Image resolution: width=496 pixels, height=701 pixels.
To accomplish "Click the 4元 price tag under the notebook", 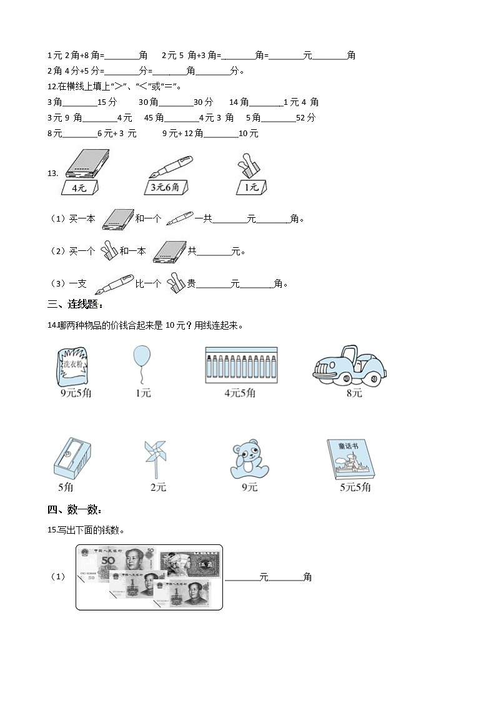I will [79, 187].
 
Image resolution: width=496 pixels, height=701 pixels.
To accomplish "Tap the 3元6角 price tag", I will [166, 187].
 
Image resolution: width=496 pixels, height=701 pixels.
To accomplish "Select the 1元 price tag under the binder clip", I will [251, 187].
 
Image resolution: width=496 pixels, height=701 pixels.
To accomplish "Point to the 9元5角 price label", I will [76, 393].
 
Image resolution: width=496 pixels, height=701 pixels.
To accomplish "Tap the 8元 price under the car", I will [354, 393].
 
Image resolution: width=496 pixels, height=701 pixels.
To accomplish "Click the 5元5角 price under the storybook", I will [355, 488].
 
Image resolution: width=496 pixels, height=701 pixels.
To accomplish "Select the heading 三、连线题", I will [75, 304].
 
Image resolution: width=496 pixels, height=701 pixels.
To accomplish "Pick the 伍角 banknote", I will [191, 564].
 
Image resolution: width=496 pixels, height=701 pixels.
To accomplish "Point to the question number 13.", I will [52, 174].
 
